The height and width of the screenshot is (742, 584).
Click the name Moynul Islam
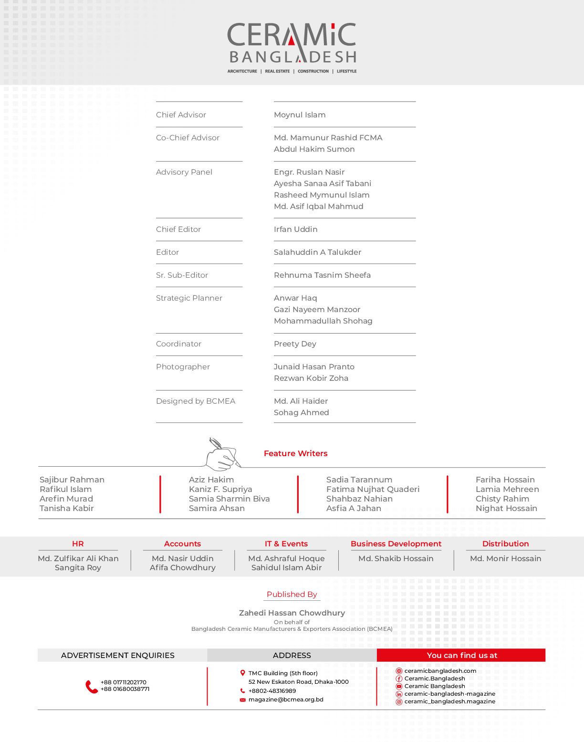point(300,115)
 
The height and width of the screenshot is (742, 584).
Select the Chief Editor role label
point(178,230)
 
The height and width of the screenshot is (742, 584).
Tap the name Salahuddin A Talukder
point(317,252)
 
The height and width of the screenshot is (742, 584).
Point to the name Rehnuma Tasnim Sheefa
point(322,275)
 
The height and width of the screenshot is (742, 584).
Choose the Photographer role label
point(183,367)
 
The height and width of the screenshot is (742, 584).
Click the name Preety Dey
point(295,344)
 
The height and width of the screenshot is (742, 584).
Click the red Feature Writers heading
point(295,454)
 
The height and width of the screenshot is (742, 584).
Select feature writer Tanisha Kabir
point(67,509)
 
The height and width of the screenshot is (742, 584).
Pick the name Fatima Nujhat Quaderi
point(373,490)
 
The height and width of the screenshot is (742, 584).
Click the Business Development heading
point(396,544)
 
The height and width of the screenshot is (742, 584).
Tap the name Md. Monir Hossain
point(505,559)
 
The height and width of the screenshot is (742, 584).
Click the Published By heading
point(292,595)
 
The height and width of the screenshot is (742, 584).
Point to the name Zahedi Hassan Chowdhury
point(292,613)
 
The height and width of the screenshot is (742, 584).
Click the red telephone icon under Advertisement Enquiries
point(91,687)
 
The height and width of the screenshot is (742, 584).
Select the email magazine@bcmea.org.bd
point(286,700)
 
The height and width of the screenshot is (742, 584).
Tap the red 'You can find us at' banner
point(461,656)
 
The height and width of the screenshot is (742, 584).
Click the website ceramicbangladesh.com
point(440,671)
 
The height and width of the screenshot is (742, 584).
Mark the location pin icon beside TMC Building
point(242,673)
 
